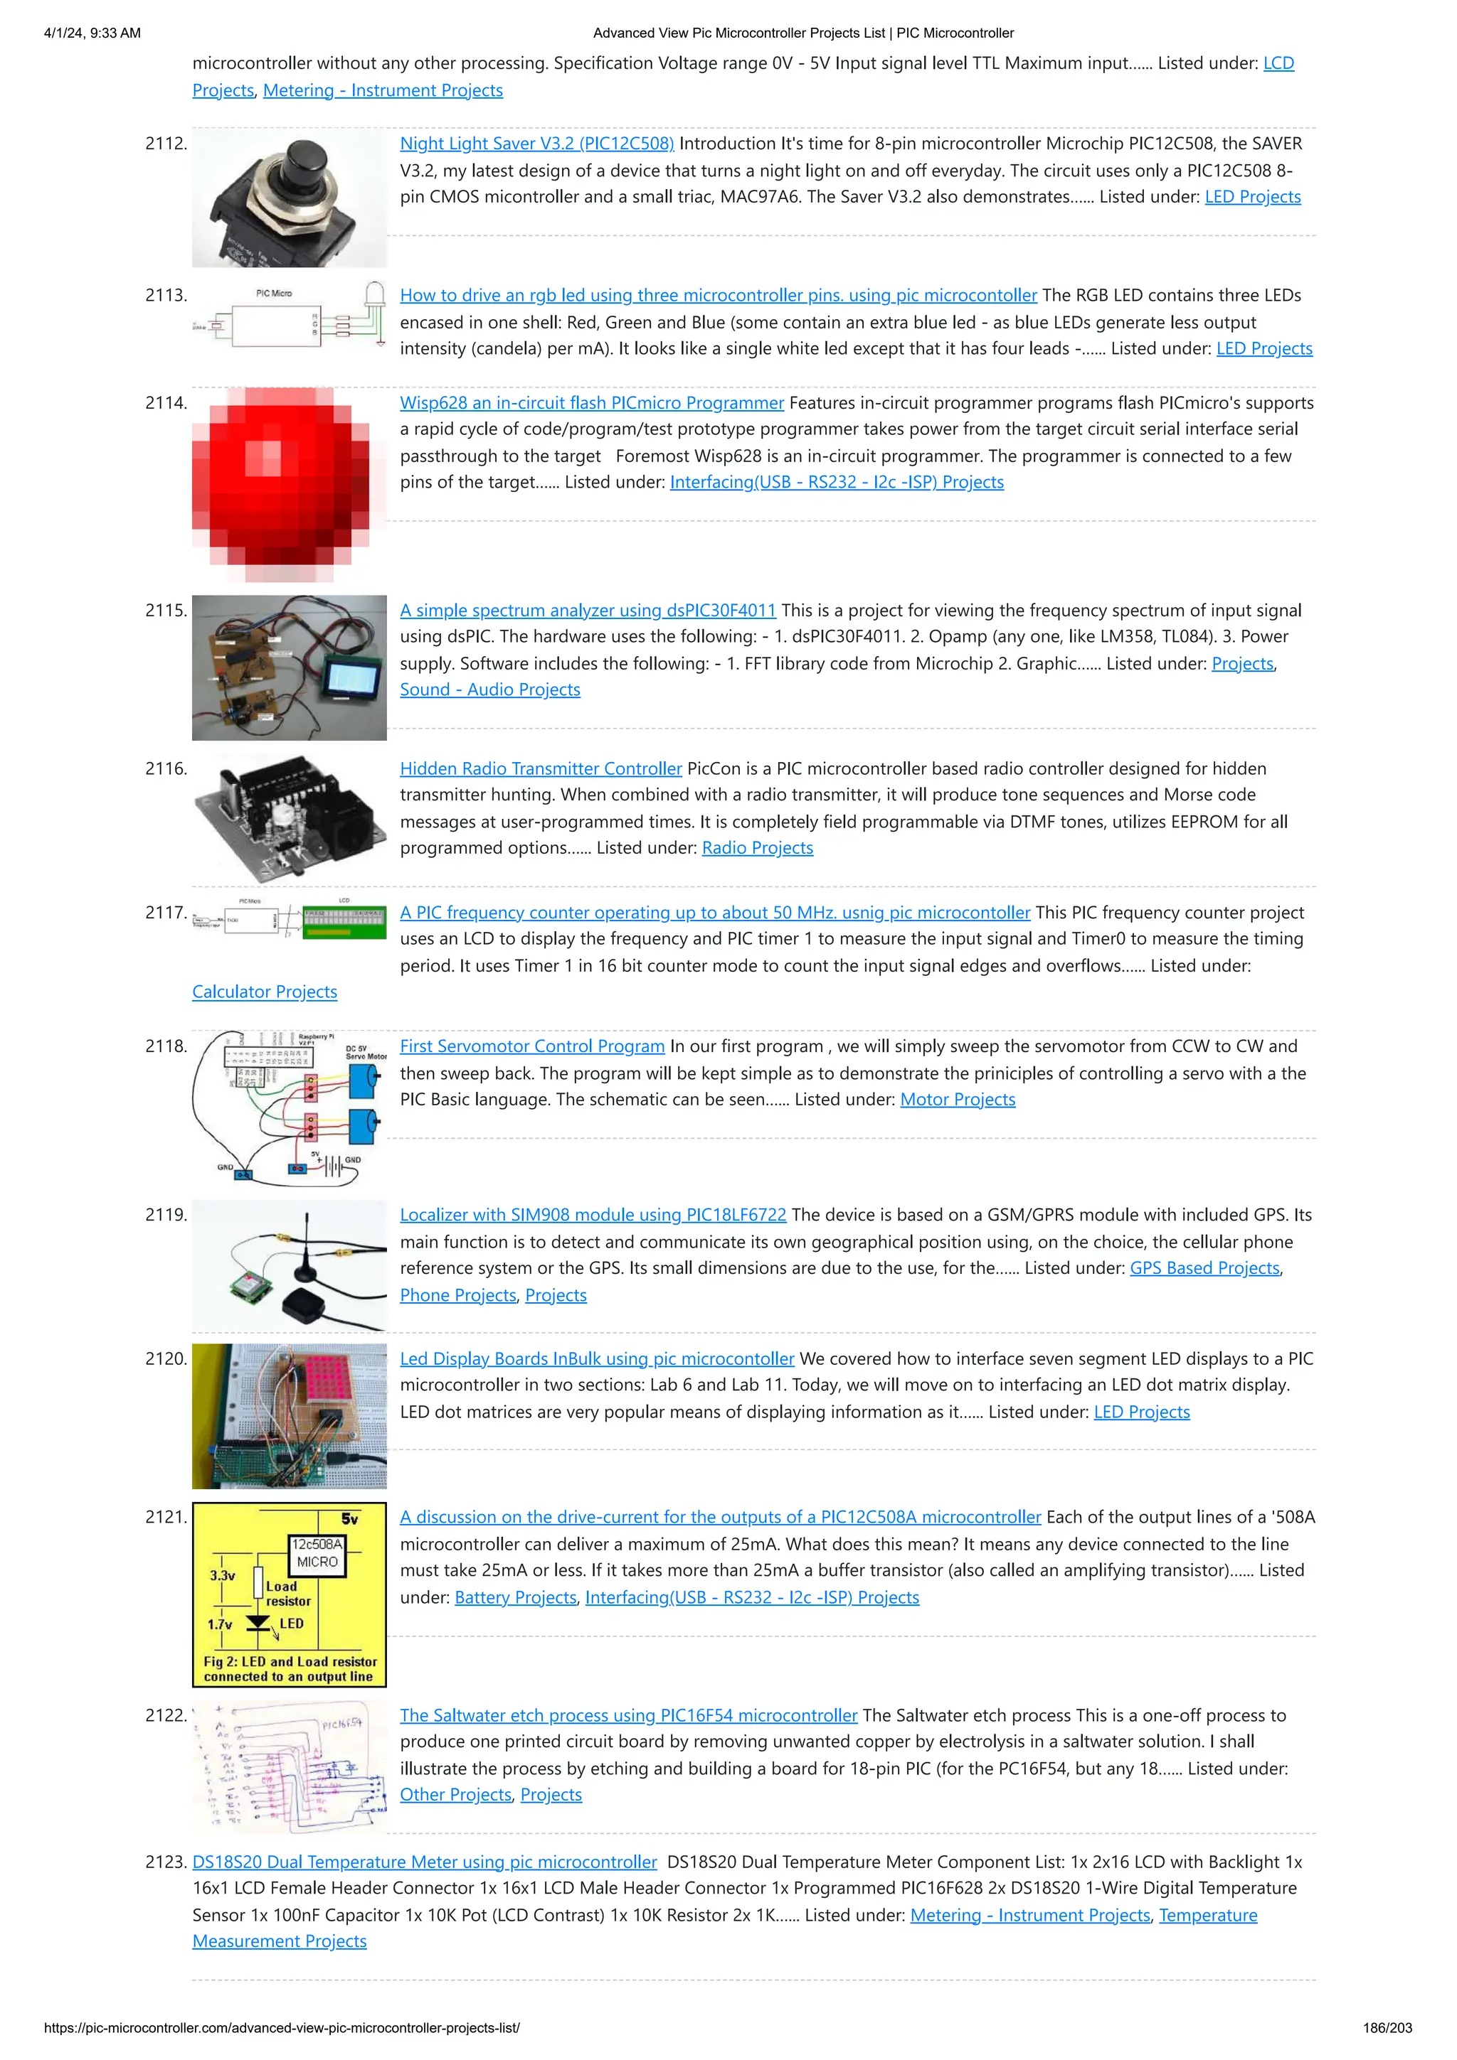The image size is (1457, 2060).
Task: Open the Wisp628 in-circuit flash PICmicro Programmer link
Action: pos(592,403)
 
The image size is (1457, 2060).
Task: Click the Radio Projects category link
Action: pos(757,848)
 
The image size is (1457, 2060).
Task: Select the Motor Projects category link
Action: pos(957,1099)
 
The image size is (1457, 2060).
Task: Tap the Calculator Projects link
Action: pos(265,992)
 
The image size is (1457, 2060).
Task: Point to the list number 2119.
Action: pos(165,1215)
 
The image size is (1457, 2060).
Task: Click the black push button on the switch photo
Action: pos(308,163)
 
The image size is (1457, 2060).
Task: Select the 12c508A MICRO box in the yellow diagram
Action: pos(317,1553)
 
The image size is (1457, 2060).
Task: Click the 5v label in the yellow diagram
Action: pos(349,1519)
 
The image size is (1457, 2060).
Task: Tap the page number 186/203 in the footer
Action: pos(1386,2028)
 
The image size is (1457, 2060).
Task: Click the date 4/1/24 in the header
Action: pos(65,33)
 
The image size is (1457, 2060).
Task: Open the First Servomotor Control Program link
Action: pos(531,1046)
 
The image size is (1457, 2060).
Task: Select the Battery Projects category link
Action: pos(515,1597)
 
